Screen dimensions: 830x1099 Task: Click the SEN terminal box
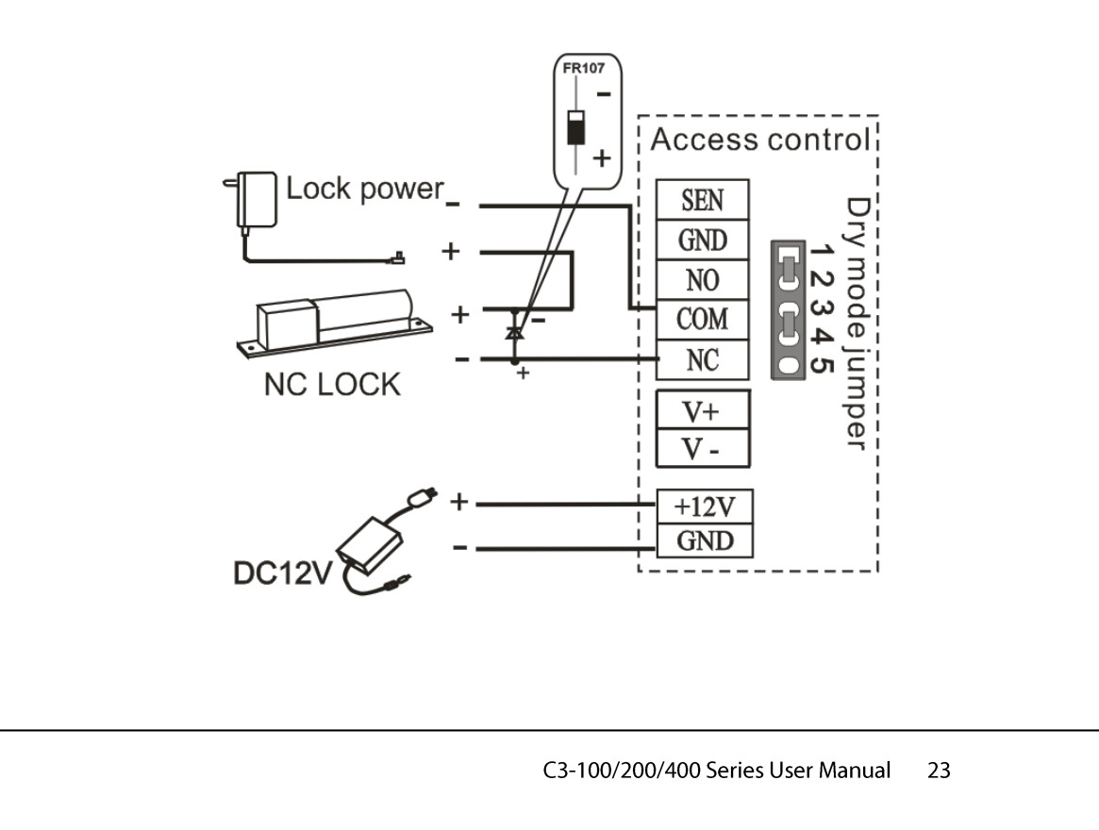coord(703,200)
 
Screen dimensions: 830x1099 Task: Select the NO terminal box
coord(703,280)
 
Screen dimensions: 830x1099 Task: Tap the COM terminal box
coord(703,320)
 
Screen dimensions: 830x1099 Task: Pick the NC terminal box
coord(703,360)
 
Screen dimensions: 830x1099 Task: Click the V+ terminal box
coord(703,411)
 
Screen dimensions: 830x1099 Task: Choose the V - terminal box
coord(703,449)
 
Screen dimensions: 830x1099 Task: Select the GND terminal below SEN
coord(703,241)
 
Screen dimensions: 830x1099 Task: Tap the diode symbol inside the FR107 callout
coord(573,127)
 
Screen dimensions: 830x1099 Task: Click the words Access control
coord(759,141)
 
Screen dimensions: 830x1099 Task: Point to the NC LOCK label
coord(331,384)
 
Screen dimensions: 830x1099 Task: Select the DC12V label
coord(278,575)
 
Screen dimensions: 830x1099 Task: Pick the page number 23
coord(939,771)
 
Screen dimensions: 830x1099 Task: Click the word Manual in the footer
coord(854,771)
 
